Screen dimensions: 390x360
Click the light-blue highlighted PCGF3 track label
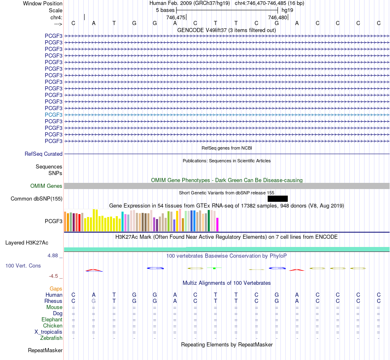[x=53, y=115]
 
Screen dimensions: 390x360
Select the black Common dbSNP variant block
[x=278, y=198]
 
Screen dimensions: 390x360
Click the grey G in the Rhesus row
[x=94, y=301]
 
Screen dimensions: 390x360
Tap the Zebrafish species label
[x=51, y=338]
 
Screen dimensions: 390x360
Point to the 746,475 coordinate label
[x=176, y=17]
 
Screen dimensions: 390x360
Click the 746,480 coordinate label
[x=278, y=17]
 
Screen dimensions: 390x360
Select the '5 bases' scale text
[x=165, y=10]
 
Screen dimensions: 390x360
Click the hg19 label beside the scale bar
[x=287, y=10]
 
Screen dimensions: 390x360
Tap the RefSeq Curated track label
[x=44, y=154]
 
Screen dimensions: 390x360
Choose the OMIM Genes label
[x=46, y=186]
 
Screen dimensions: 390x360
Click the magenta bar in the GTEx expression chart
[x=218, y=224]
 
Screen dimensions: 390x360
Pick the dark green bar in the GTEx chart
[x=209, y=221]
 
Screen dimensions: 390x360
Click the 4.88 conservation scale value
[x=53, y=256]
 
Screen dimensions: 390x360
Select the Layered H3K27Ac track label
[x=27, y=243]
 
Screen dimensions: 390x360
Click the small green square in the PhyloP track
[x=214, y=268]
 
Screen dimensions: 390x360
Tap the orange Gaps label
[x=56, y=289]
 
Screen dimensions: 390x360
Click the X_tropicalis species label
[x=48, y=332]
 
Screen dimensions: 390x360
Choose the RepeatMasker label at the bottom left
[x=45, y=350]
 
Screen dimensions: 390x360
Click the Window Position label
[x=43, y=3]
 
